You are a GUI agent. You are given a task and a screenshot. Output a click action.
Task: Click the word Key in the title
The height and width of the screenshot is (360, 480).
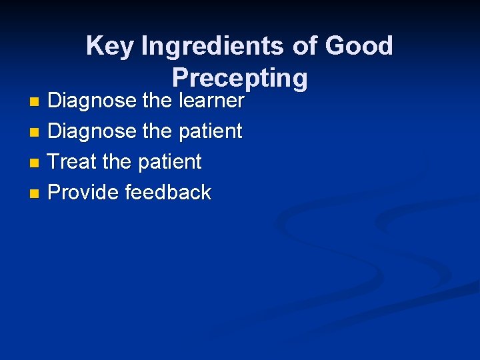click(110, 47)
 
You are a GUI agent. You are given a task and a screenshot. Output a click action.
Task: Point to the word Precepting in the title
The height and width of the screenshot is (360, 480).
click(239, 78)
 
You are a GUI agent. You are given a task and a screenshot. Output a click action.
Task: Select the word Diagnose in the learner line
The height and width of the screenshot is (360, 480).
click(92, 101)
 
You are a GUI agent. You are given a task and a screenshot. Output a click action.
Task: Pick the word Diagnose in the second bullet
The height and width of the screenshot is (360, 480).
click(92, 131)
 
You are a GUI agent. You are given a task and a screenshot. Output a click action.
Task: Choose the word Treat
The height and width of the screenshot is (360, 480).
click(73, 162)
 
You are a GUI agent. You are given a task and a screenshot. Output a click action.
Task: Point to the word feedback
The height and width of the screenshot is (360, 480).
click(168, 193)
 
